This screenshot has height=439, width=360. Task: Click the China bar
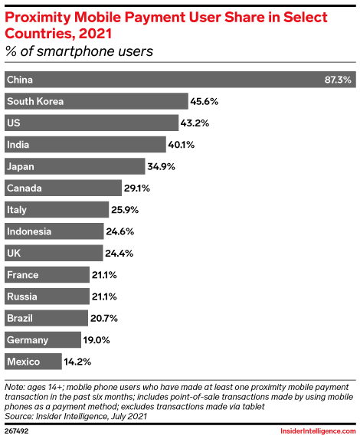point(176,80)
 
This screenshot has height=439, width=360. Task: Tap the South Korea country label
point(34,101)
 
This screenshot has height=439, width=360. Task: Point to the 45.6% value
point(205,101)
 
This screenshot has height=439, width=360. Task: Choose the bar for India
point(85,144)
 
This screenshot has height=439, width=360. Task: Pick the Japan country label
point(21,166)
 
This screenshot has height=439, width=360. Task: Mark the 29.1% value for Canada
point(138,188)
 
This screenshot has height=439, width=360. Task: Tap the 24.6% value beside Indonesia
point(121,231)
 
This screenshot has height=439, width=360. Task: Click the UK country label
point(14,253)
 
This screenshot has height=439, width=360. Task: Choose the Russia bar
point(46,296)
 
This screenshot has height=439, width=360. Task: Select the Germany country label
point(27,339)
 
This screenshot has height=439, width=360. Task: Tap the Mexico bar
point(33,361)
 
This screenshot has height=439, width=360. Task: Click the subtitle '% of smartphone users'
point(80,52)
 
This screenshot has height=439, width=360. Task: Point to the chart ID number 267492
point(18,431)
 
